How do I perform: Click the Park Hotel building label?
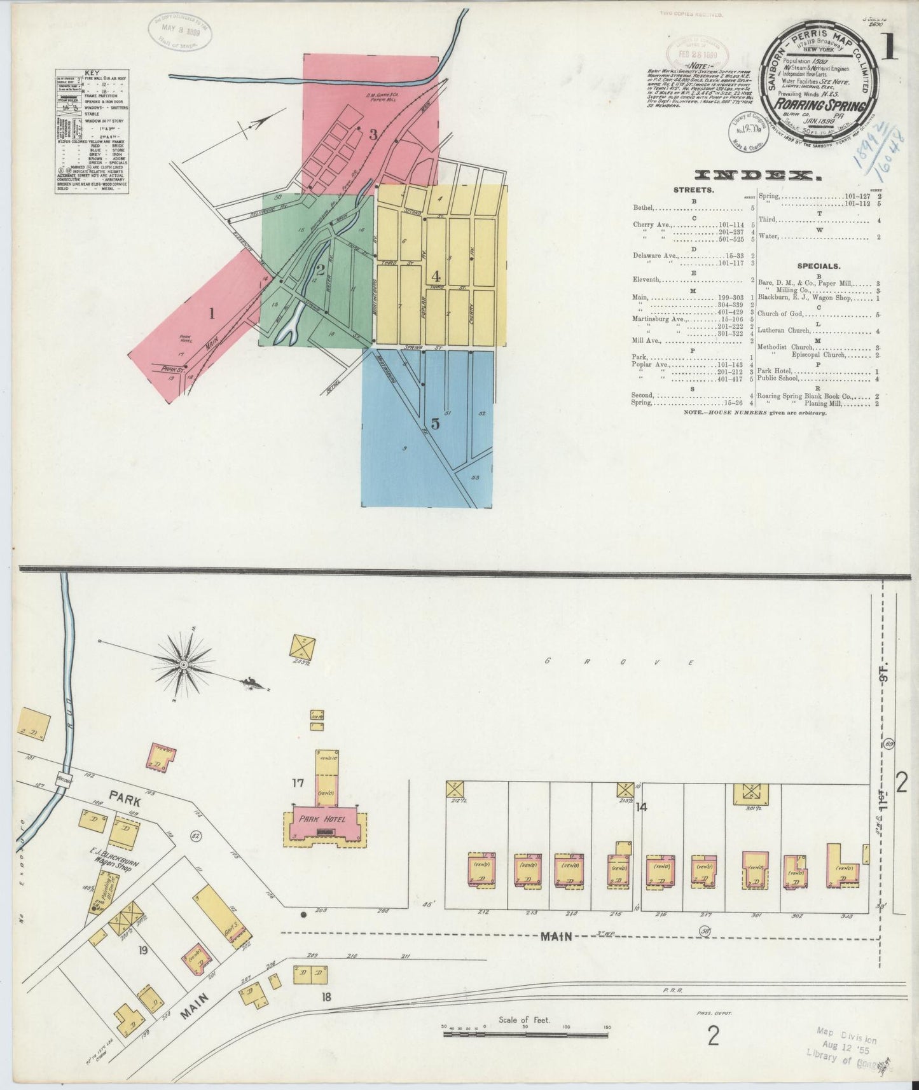(322, 819)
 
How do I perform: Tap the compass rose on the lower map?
(183, 665)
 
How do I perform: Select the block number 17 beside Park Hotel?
(297, 783)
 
